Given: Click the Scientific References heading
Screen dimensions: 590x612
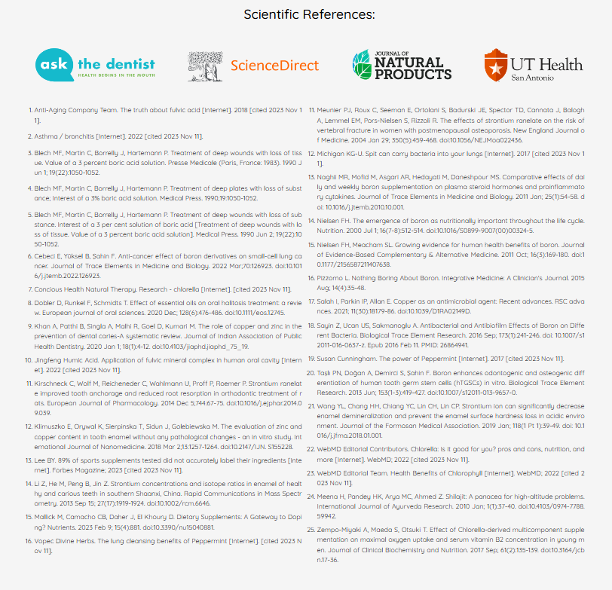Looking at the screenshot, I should pyautogui.click(x=309, y=14).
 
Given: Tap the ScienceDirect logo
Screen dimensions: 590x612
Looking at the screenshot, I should pyautogui.click(x=253, y=66).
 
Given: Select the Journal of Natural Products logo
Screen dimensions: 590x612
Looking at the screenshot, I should pyautogui.click(x=401, y=65).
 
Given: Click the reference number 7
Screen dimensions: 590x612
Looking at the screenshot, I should pyautogui.click(x=30, y=289).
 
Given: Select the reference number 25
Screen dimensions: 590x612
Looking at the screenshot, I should pyautogui.click(x=311, y=531).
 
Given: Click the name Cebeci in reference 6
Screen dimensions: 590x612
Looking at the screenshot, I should pyautogui.click(x=45, y=256).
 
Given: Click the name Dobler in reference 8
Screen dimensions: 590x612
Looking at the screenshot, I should pyautogui.click(x=45, y=305).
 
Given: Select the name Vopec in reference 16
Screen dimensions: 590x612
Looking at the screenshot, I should pyautogui.click(x=44, y=542).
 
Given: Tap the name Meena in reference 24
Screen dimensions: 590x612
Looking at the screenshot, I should pyautogui.click(x=328, y=497).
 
